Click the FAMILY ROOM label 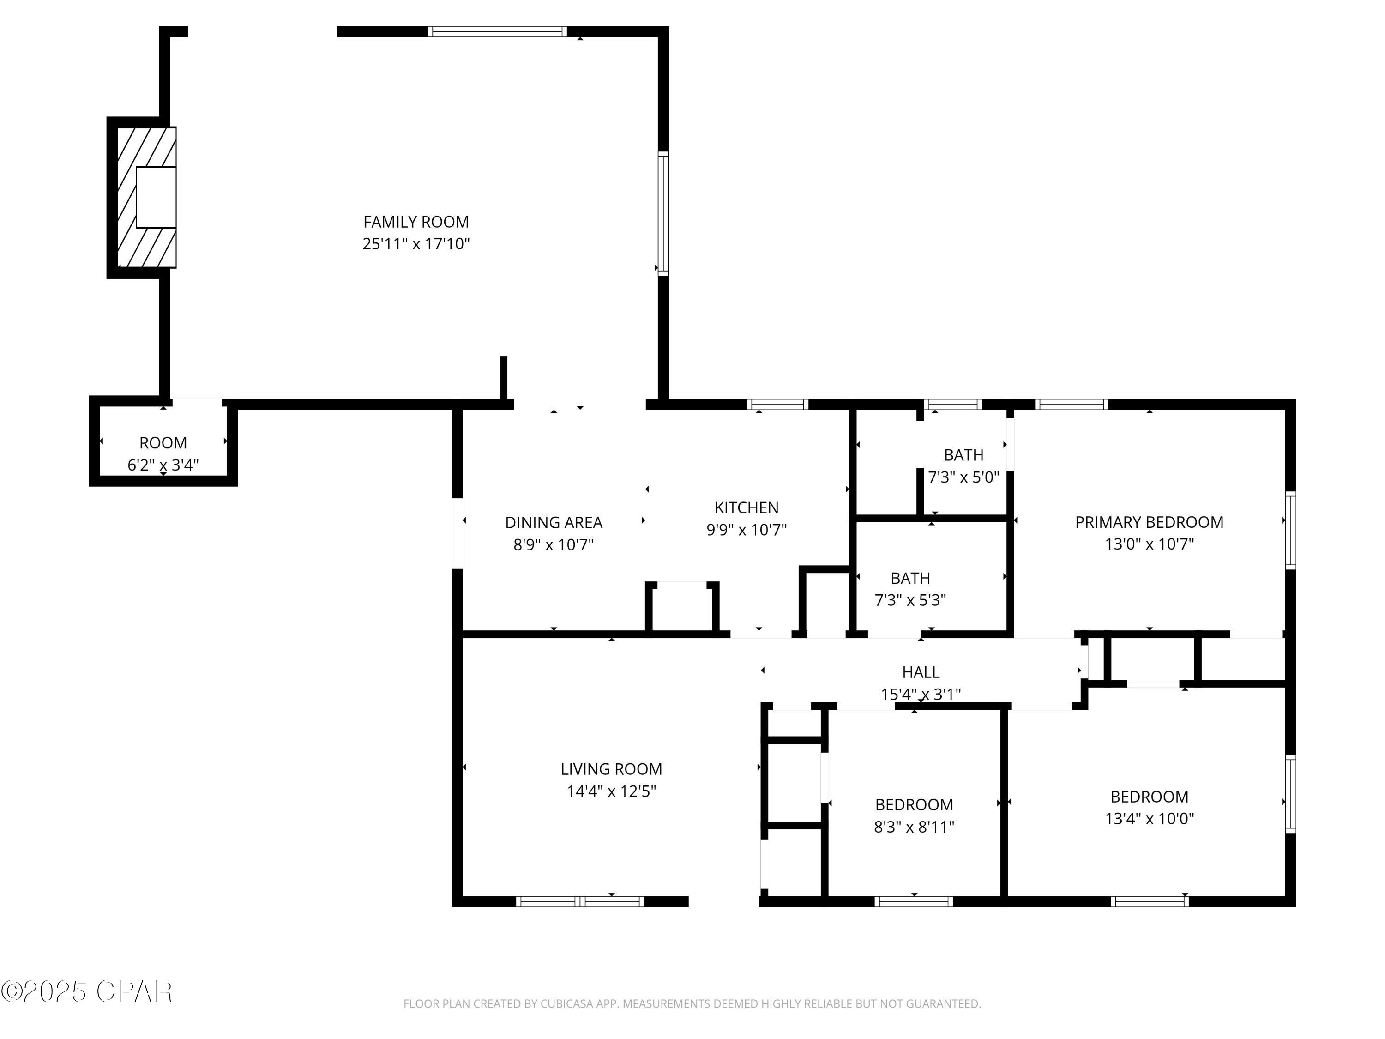tap(416, 222)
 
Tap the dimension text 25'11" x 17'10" tap(416, 244)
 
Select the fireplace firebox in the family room tap(156, 197)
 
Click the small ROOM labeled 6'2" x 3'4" tap(163, 443)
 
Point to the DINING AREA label tap(554, 522)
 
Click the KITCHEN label tap(747, 507)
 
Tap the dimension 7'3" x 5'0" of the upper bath tap(963, 477)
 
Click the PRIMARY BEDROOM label tap(1149, 522)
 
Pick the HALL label tap(921, 672)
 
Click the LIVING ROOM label tap(611, 768)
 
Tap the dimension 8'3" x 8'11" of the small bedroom tap(914, 827)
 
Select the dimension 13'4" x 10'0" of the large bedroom tap(1149, 818)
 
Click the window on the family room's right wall tap(663, 213)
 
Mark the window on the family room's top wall tap(497, 31)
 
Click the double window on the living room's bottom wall tap(580, 901)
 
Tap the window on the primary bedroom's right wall tap(1290, 531)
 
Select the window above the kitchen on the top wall tap(777, 404)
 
